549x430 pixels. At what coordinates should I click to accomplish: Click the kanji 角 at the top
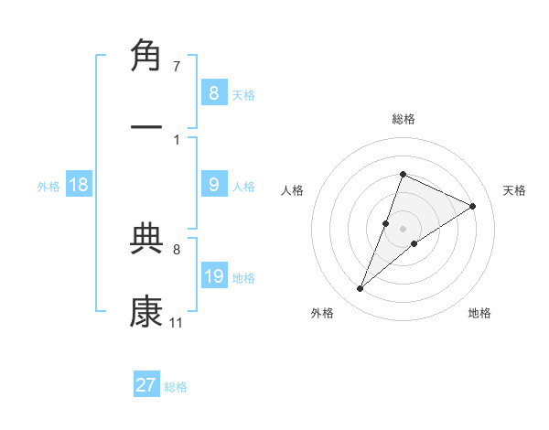pyautogui.click(x=147, y=57)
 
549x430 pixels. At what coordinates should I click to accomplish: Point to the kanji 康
pyautogui.click(x=147, y=311)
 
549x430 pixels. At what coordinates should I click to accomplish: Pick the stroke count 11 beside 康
pyautogui.click(x=176, y=322)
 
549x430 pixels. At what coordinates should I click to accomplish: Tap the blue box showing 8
pyautogui.click(x=213, y=92)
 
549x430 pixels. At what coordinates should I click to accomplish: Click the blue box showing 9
pyautogui.click(x=213, y=185)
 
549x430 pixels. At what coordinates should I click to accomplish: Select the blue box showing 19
pyautogui.click(x=213, y=276)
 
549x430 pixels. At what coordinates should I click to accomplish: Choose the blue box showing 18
pyautogui.click(x=79, y=185)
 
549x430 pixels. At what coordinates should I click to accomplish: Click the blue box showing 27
pyautogui.click(x=145, y=384)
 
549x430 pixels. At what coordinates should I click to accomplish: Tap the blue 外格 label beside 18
pyautogui.click(x=48, y=187)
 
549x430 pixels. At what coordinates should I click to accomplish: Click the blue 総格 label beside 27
pyautogui.click(x=176, y=386)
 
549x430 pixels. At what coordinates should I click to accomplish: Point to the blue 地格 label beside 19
pyautogui.click(x=243, y=278)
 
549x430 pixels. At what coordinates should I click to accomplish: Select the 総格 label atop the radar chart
pyautogui.click(x=403, y=119)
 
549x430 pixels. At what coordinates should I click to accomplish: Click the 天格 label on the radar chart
pyautogui.click(x=514, y=190)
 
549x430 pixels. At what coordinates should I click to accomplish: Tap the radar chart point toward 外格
pyautogui.click(x=361, y=289)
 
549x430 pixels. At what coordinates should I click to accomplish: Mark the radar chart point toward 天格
pyautogui.click(x=473, y=207)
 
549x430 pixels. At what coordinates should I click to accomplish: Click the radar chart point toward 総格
pyautogui.click(x=403, y=174)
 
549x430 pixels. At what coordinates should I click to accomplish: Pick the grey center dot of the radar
pyautogui.click(x=403, y=228)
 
